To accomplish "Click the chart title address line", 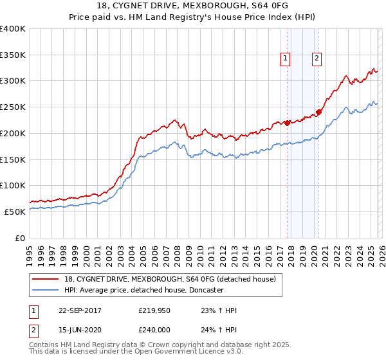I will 192,7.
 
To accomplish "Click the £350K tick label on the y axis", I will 13,55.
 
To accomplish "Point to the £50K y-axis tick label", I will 15,212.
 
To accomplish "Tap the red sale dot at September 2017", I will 287,123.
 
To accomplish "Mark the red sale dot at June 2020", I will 318,113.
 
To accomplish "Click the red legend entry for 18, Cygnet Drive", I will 170,279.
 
